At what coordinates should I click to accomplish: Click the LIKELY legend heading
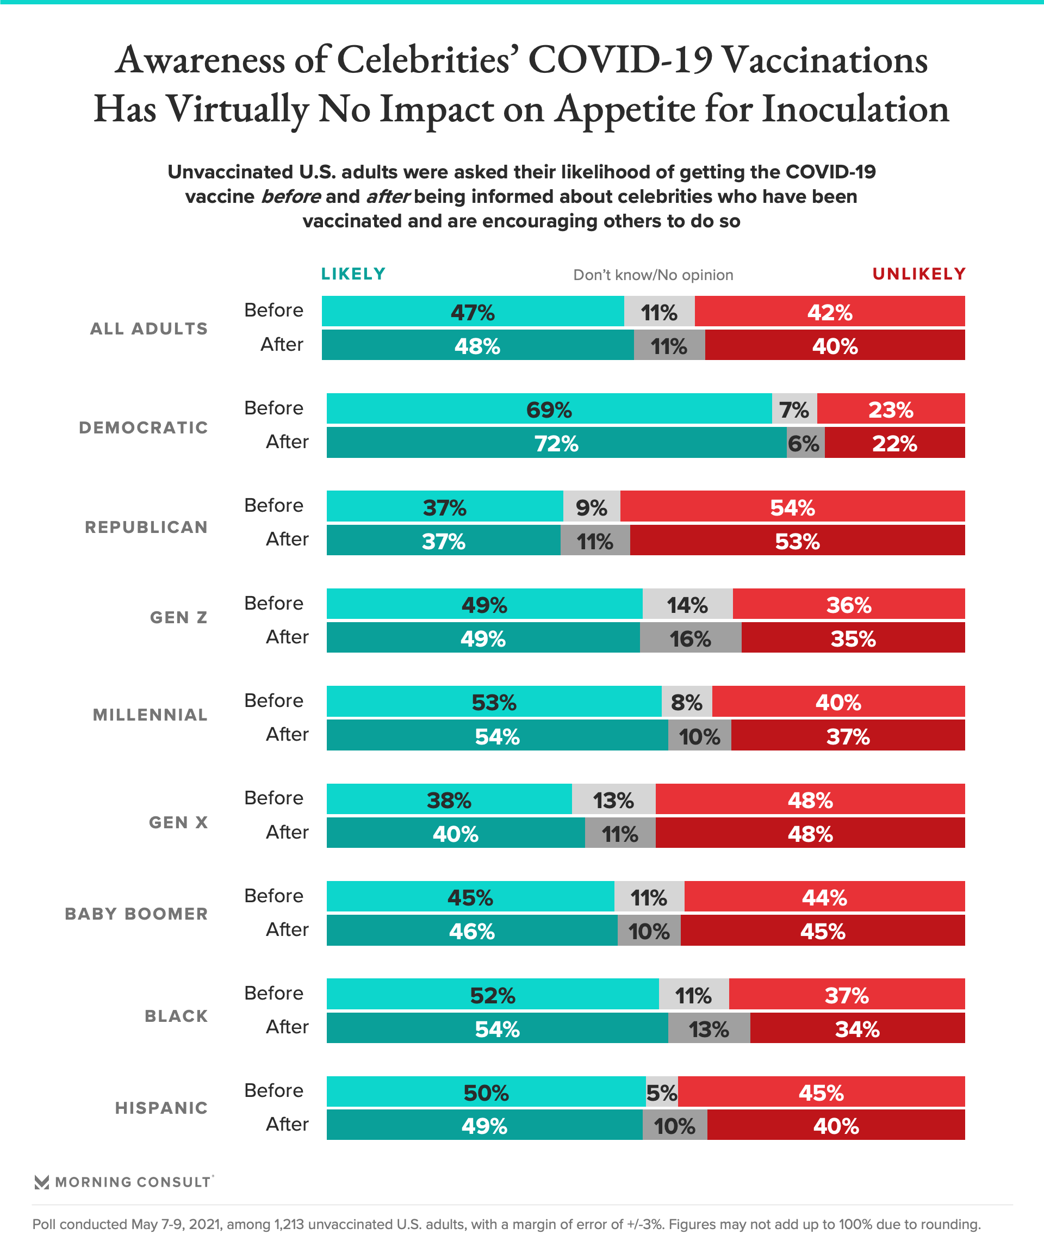353,274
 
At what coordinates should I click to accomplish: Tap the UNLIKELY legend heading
919,274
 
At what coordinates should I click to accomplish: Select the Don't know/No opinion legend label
652,275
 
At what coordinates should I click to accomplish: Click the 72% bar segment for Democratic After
556,443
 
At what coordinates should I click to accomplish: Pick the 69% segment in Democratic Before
549,410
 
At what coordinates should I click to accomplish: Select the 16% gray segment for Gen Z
690,638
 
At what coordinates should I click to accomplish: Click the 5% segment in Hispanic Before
662,1093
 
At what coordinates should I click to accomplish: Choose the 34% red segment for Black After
857,1028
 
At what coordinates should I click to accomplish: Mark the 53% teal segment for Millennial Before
494,702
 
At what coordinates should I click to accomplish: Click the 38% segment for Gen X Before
449,799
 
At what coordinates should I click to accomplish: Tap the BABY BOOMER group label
136,914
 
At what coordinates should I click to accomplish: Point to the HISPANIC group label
161,1108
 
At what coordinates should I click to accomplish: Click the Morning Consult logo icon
42,1182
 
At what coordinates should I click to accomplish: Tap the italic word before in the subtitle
291,196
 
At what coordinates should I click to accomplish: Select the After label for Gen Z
287,637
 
